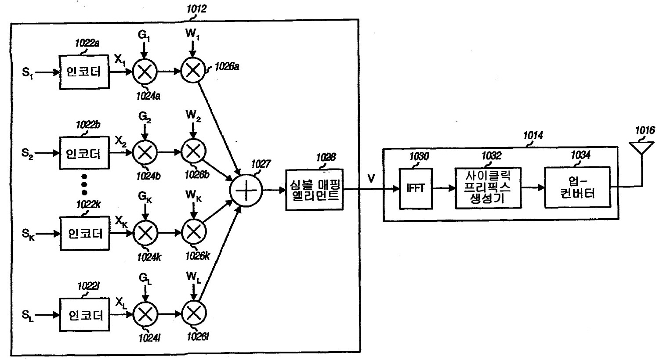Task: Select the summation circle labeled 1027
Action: [246, 190]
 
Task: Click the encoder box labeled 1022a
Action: [84, 72]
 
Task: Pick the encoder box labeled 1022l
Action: [84, 315]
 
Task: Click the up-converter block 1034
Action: [577, 187]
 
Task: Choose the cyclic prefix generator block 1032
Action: [488, 188]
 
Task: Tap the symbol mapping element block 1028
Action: [313, 189]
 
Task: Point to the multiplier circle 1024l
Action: [145, 315]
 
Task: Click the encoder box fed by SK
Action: [84, 233]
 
